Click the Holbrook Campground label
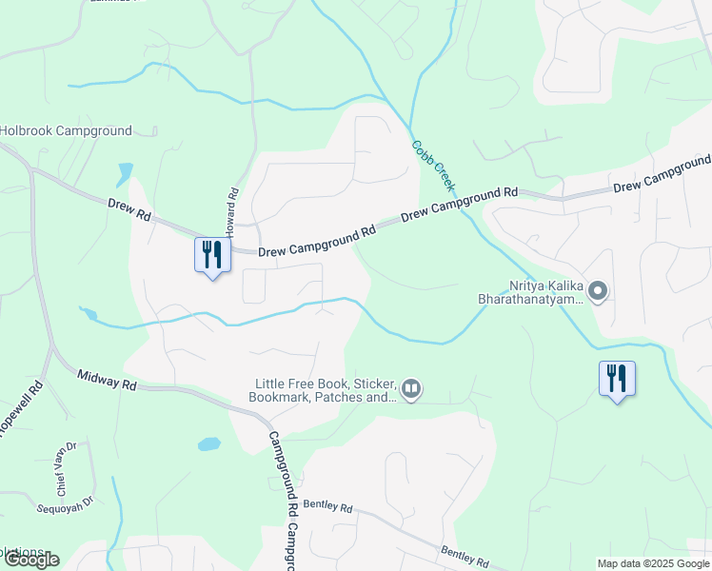pyautogui.click(x=66, y=130)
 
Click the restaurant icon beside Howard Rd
pyautogui.click(x=212, y=255)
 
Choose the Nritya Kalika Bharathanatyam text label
pyautogui.click(x=529, y=291)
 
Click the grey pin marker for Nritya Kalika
pyautogui.click(x=598, y=290)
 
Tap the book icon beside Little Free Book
pyautogui.click(x=411, y=387)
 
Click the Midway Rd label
pyautogui.click(x=108, y=382)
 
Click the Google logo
pyautogui.click(x=30, y=560)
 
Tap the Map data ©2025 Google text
pyautogui.click(x=653, y=563)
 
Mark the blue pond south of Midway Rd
pyautogui.click(x=208, y=444)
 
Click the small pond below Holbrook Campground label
pyautogui.click(x=125, y=174)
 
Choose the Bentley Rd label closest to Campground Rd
pyautogui.click(x=327, y=507)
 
